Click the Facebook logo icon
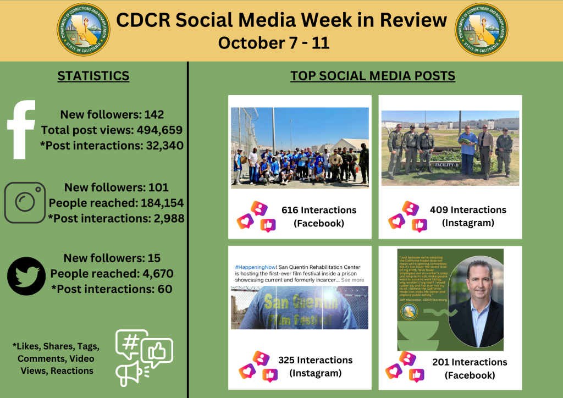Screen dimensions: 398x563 click(22, 129)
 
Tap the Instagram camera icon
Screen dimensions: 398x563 click(25, 202)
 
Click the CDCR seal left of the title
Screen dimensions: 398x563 click(84, 30)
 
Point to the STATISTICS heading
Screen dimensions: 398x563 click(93, 76)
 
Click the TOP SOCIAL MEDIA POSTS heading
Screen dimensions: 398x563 click(373, 76)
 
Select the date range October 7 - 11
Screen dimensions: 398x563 click(274, 43)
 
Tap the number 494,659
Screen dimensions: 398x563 click(155, 130)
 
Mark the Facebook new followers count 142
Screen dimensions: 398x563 click(154, 115)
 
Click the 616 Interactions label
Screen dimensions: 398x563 click(318, 210)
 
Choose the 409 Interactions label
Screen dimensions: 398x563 click(468, 209)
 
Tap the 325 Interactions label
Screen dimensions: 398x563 click(315, 360)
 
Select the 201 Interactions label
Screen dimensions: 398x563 click(470, 362)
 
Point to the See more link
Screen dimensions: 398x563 click(352, 280)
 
